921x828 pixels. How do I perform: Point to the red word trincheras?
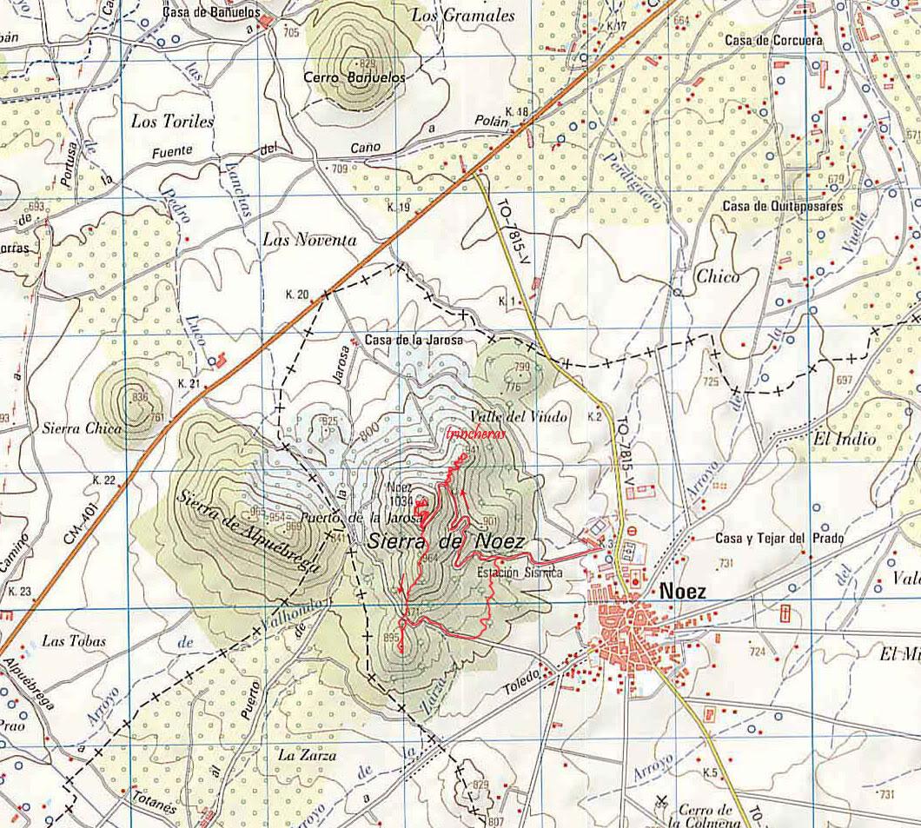pyautogui.click(x=474, y=434)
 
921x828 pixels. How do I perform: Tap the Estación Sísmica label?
pyautogui.click(x=520, y=573)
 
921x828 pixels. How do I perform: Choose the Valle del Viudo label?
pyautogui.click(x=517, y=417)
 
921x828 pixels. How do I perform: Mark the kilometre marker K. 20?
pyautogui.click(x=297, y=295)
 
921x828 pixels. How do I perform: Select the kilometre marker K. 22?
pyautogui.click(x=103, y=480)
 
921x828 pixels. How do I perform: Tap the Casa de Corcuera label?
pyautogui.click(x=773, y=40)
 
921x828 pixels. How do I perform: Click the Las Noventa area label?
pyautogui.click(x=308, y=241)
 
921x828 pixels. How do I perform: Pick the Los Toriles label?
pyautogui.click(x=172, y=122)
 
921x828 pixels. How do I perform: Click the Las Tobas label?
pyautogui.click(x=74, y=641)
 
